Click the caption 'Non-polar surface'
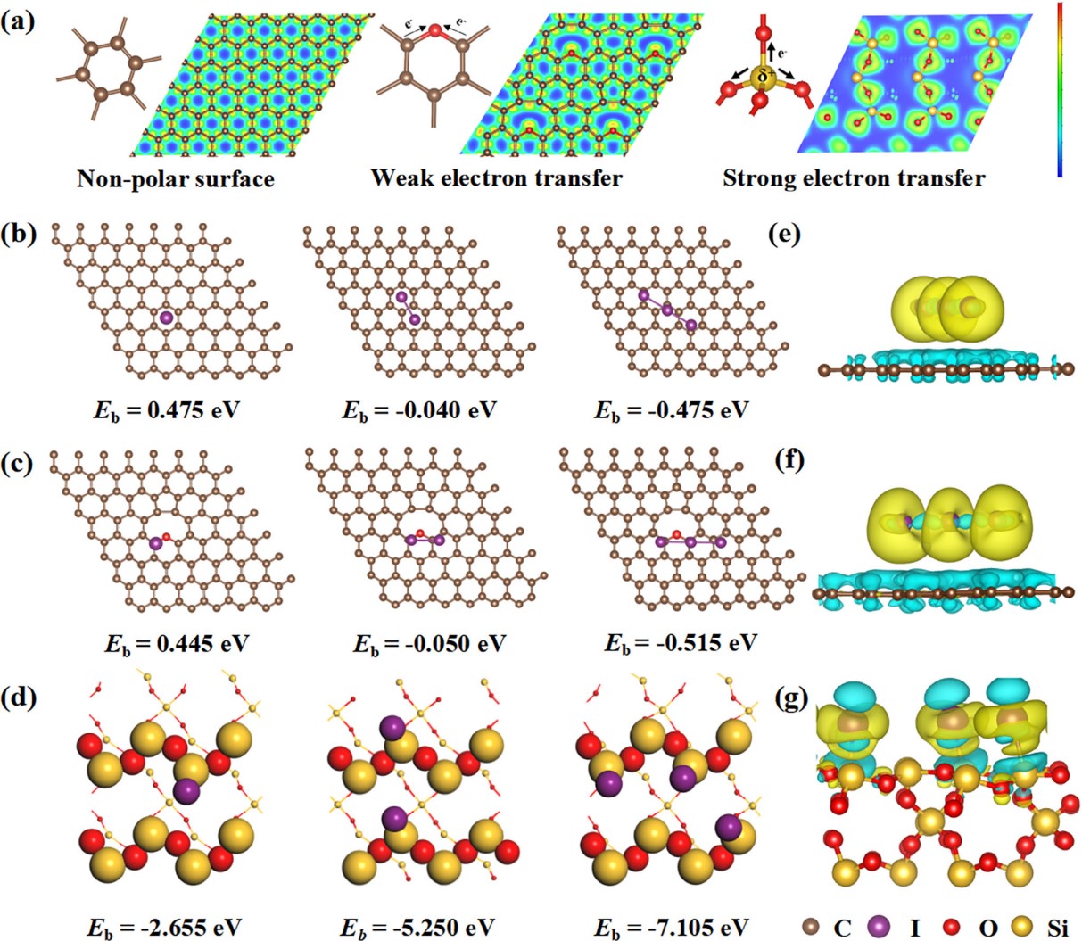pyautogui.click(x=175, y=179)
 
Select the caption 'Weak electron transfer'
pyautogui.click(x=496, y=178)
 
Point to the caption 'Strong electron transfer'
pyautogui.click(x=854, y=178)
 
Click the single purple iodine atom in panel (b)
pyautogui.click(x=166, y=317)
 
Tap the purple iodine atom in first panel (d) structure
pyautogui.click(x=186, y=790)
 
